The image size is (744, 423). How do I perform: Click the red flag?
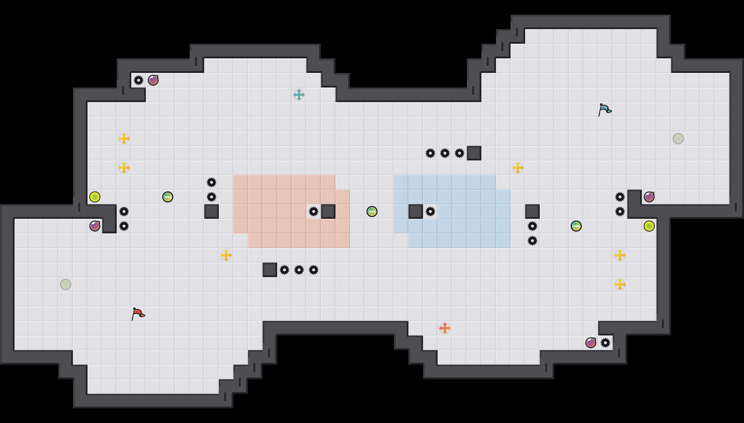[138, 314]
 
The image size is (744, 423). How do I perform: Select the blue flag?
[605, 109]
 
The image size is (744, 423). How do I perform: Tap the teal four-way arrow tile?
[299, 95]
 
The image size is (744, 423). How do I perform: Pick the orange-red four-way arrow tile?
[445, 328]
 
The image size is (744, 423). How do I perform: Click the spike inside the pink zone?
[314, 211]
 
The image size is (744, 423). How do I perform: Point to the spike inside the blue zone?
[430, 211]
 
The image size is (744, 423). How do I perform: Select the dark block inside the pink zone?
[328, 211]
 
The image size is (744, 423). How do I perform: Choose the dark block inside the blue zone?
[416, 211]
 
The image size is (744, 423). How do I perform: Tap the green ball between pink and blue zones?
[372, 211]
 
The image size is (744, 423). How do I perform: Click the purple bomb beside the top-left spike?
[153, 80]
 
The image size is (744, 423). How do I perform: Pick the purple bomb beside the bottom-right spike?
[591, 343]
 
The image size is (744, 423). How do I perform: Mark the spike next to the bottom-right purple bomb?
[605, 343]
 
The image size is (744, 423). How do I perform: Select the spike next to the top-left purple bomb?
[139, 80]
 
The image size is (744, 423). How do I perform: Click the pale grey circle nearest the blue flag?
[678, 139]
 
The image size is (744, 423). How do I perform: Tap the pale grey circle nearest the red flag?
[66, 284]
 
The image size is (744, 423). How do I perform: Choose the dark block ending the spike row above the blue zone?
[474, 153]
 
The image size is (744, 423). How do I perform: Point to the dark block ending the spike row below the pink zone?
[270, 270]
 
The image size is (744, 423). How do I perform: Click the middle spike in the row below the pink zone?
[299, 270]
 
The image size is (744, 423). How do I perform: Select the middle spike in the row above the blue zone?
[445, 153]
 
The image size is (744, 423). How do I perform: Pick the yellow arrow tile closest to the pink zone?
[226, 255]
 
